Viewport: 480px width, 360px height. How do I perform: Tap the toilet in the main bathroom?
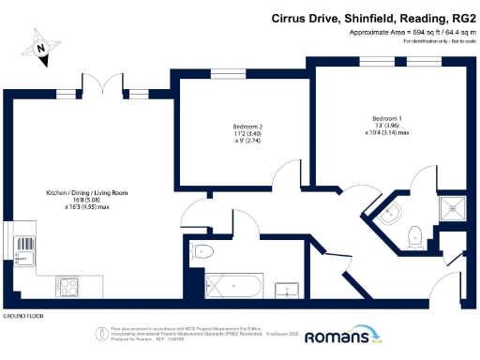pyautogui.click(x=203, y=250)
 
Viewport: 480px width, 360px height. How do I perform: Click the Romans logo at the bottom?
pyautogui.click(x=343, y=335)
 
